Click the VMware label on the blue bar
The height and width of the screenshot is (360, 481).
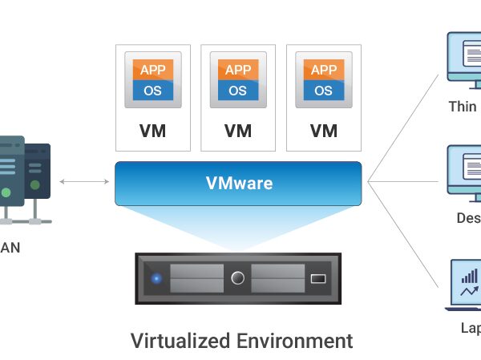[x=239, y=184]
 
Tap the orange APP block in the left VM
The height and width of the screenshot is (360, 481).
[x=152, y=70]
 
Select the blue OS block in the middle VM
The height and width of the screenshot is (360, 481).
[x=237, y=90]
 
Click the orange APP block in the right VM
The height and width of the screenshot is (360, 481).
[x=323, y=70]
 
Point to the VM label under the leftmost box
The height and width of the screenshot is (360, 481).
[x=152, y=131]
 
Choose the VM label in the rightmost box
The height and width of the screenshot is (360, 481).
[x=323, y=131]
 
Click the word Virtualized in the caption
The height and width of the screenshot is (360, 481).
[x=181, y=340]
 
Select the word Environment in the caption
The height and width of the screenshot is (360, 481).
[x=295, y=340]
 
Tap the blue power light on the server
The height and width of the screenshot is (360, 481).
[x=156, y=279]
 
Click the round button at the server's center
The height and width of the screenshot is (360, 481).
[x=237, y=279]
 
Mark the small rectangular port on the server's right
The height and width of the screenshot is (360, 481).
[x=318, y=279]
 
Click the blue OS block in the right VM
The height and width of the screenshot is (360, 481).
[x=323, y=90]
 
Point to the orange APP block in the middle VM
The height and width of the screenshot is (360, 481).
[x=237, y=70]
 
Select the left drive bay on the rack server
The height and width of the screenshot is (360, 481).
[x=196, y=279]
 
